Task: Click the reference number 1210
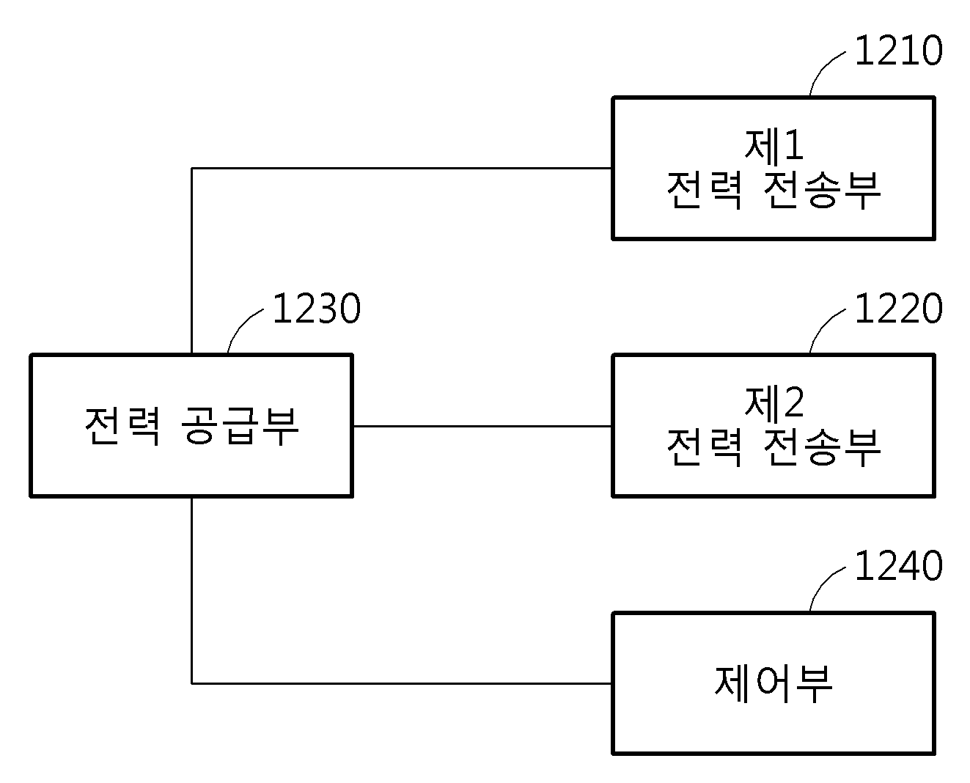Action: pyautogui.click(x=898, y=50)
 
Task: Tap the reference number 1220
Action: pyautogui.click(x=898, y=308)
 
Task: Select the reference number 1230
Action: pyautogui.click(x=317, y=308)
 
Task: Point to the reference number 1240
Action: pyautogui.click(x=898, y=565)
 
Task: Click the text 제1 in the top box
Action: pyautogui.click(x=774, y=145)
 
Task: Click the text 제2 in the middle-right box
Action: pyautogui.click(x=774, y=402)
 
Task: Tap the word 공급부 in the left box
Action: pyautogui.click(x=240, y=426)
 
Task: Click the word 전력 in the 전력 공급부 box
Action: pyautogui.click(x=122, y=426)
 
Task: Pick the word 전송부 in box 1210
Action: pyautogui.click(x=822, y=190)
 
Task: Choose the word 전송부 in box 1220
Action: pyautogui.click(x=822, y=446)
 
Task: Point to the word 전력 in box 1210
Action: pyautogui.click(x=705, y=190)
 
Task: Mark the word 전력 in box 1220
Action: pyautogui.click(x=705, y=446)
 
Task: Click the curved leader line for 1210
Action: pyautogui.click(x=821, y=69)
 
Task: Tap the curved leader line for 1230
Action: pyautogui.click(x=239, y=326)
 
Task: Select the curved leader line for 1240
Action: pyautogui.click(x=821, y=584)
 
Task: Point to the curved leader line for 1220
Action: pyautogui.click(x=821, y=326)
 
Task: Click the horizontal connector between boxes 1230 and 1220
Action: pyautogui.click(x=482, y=426)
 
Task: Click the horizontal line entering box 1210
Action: pyautogui.click(x=402, y=168)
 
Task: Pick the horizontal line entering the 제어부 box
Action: pyautogui.click(x=402, y=683)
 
